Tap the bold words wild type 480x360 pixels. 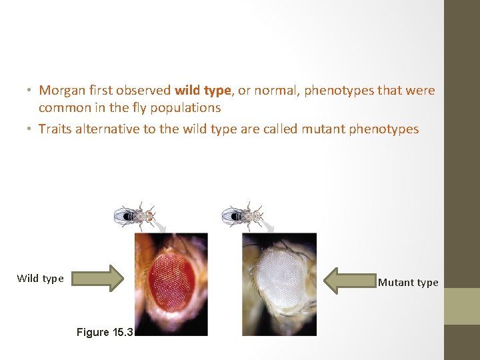[203, 90]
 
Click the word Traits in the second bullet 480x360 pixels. [54, 129]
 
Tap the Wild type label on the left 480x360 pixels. [40, 279]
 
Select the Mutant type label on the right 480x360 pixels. [408, 283]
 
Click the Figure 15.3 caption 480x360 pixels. [105, 331]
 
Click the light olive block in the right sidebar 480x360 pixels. [461, 306]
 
